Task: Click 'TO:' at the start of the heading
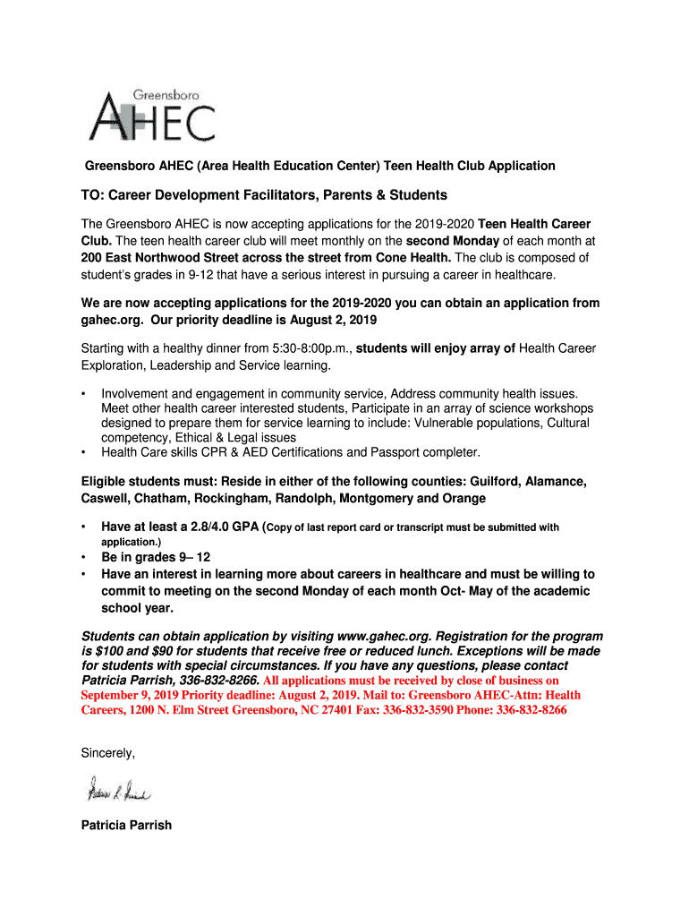click(x=94, y=195)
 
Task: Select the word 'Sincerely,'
click(x=108, y=753)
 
